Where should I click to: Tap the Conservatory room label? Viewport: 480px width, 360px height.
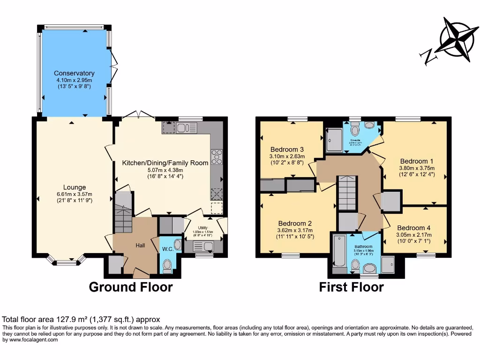tap(74, 73)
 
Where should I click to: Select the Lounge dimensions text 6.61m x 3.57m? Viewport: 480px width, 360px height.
tap(75, 195)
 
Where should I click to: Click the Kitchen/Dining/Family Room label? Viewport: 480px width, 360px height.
tap(165, 163)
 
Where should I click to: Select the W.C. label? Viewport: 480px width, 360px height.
tap(168, 248)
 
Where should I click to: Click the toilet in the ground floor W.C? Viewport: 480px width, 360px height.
tap(167, 266)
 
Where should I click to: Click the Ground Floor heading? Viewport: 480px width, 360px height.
tap(131, 287)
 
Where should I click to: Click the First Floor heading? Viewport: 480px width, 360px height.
tap(351, 287)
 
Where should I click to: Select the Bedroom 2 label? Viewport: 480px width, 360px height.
tap(295, 223)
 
